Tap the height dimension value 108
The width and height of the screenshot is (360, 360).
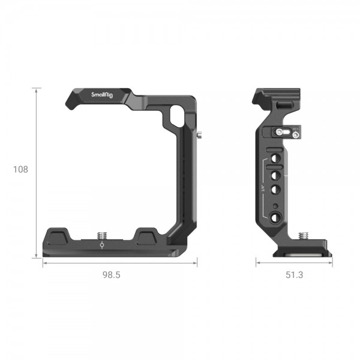[x=20, y=169]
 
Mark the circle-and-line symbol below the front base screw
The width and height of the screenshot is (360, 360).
[x=100, y=244]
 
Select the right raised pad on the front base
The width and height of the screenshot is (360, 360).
[x=147, y=235]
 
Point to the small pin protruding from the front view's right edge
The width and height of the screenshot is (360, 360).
[x=199, y=136]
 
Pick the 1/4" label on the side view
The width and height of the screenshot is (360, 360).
[x=263, y=187]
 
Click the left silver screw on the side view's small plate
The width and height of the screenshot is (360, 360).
[x=278, y=133]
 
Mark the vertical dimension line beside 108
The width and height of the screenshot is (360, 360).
[x=37, y=173]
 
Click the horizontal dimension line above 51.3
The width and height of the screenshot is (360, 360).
[x=295, y=262]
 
